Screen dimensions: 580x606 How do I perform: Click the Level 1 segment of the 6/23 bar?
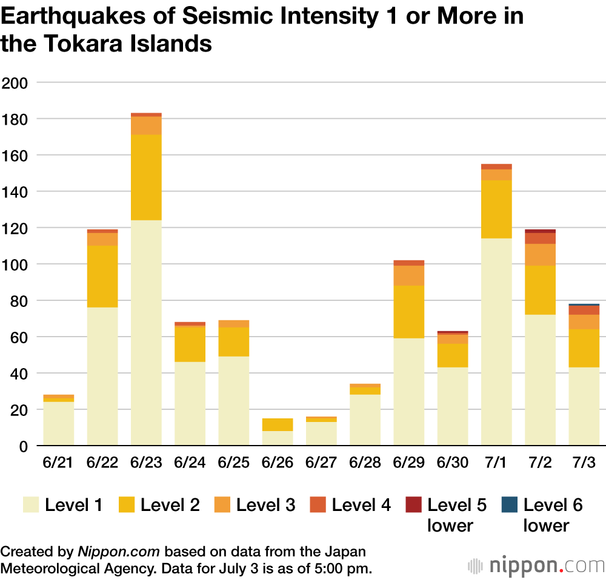point(146,333)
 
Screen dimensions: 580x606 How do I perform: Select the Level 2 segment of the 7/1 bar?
point(496,209)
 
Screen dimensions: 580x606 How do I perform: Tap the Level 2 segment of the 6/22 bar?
point(102,276)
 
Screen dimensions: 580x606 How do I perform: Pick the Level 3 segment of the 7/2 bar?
point(540,254)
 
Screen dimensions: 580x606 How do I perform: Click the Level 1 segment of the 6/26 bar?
point(278,438)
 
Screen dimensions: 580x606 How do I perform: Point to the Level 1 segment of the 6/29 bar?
point(409,392)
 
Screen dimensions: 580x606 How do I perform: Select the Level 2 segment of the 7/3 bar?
point(584,348)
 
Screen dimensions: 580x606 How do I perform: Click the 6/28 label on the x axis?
point(365,463)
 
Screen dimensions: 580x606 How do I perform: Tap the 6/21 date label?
point(58,463)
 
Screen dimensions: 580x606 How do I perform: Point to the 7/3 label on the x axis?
point(584,463)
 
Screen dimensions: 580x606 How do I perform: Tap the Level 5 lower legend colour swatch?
point(413,504)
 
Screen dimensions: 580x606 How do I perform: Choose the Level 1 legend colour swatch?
point(31,504)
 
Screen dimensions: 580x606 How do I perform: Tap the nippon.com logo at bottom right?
point(536,565)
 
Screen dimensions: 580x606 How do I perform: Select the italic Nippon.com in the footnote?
point(118,552)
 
